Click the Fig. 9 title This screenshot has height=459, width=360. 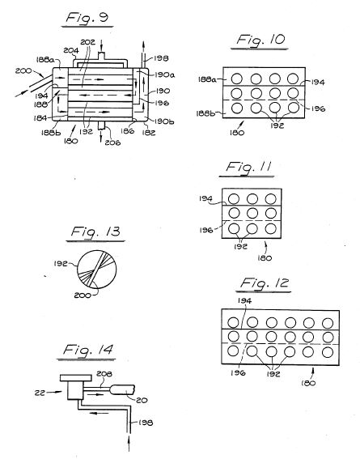(87, 18)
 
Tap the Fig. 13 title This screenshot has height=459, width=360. (95, 232)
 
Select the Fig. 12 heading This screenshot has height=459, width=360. (265, 283)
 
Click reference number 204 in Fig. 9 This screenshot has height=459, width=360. (71, 51)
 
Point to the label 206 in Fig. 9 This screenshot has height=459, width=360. (113, 142)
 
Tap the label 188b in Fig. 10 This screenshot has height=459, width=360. (205, 113)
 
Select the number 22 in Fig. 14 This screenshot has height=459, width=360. (40, 393)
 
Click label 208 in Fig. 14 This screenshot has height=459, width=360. (104, 374)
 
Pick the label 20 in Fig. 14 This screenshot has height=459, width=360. (142, 400)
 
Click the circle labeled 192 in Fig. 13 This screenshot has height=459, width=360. (96, 270)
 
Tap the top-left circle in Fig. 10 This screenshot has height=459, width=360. (236, 79)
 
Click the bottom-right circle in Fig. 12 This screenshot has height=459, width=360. (328, 352)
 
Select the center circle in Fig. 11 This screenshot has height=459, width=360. (252, 213)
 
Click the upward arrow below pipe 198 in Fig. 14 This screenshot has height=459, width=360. (129, 444)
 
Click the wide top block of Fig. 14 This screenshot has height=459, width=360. (76, 378)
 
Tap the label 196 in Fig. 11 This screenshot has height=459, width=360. (206, 230)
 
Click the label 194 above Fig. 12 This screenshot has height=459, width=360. (245, 300)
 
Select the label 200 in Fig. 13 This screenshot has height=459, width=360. (83, 295)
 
